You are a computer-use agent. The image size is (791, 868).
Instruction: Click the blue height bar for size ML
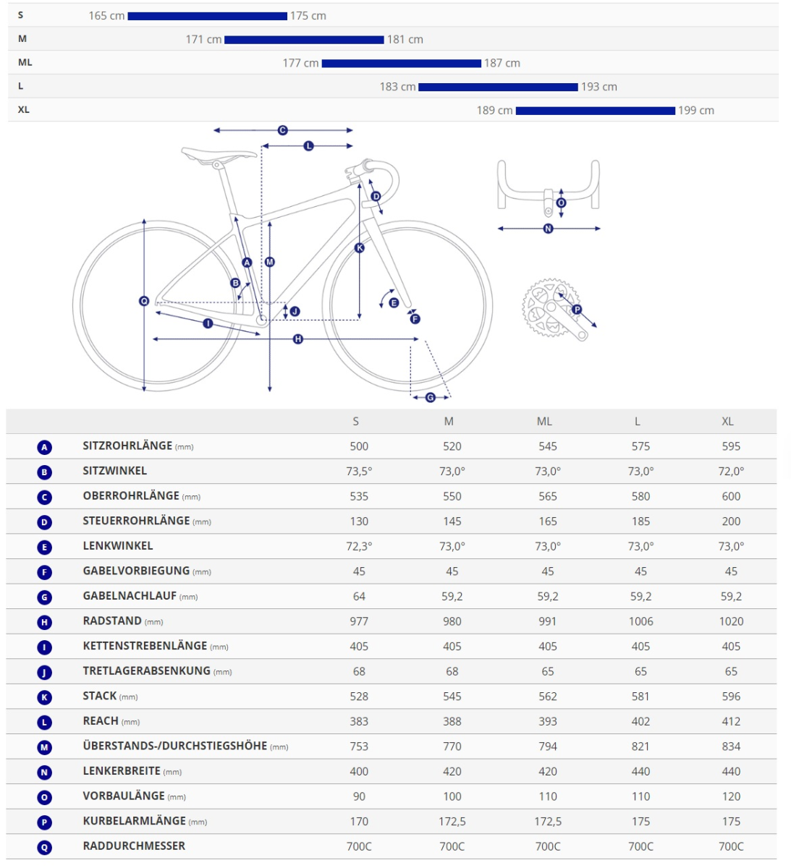(401, 64)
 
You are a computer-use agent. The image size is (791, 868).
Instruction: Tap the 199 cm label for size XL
(695, 111)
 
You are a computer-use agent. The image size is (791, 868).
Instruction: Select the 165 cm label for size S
(106, 16)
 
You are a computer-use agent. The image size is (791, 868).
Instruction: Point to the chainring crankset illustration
(551, 307)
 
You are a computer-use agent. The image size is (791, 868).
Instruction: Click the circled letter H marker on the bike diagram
(297, 339)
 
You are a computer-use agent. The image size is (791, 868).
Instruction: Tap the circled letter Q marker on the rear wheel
(144, 301)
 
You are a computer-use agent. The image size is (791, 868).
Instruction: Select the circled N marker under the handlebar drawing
(548, 229)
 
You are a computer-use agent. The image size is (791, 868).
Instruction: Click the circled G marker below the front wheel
(431, 397)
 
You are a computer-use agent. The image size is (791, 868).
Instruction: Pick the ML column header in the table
(544, 422)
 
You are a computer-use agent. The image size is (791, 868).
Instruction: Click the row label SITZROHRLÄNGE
(127, 446)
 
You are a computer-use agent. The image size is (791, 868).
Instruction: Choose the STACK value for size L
(640, 697)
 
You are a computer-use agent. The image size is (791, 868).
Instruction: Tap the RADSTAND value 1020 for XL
(731, 621)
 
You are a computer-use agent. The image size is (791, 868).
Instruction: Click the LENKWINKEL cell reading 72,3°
(359, 546)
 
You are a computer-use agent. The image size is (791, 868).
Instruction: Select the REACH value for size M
(452, 721)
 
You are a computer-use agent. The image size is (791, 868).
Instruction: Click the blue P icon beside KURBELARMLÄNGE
(45, 822)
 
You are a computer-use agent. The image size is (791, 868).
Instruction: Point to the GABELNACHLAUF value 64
(359, 597)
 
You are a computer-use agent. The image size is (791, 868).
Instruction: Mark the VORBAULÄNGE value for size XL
(731, 796)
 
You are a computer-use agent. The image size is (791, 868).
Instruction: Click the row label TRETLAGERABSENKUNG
(146, 671)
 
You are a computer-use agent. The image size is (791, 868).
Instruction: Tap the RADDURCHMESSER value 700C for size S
(359, 846)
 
